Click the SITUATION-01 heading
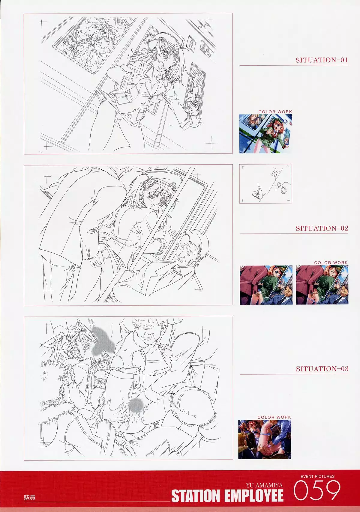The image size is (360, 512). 322,60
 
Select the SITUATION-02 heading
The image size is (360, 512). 322,228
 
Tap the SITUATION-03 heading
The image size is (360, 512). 322,369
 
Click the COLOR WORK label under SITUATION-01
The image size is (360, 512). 275,112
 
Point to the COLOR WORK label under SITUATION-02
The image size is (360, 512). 331,263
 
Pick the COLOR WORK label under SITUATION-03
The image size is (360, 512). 274,417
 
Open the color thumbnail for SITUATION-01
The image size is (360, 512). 265,134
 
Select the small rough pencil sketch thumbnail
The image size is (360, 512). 265,184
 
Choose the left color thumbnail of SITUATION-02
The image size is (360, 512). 266,285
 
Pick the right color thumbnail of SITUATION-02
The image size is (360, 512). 322,285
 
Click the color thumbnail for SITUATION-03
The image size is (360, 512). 264,439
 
